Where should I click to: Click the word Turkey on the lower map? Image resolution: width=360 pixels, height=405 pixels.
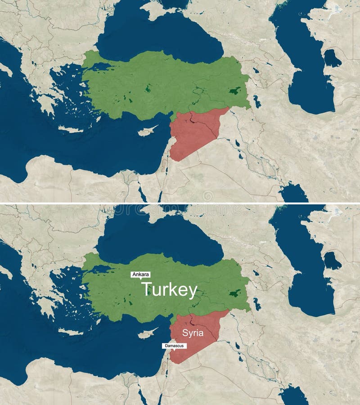click(169, 290)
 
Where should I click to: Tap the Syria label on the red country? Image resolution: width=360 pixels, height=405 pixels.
click(193, 333)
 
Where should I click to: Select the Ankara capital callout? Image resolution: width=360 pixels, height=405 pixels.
click(140, 274)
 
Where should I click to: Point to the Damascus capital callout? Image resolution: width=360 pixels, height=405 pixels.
click(174, 346)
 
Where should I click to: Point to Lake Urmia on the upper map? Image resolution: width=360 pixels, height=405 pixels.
click(256, 102)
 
